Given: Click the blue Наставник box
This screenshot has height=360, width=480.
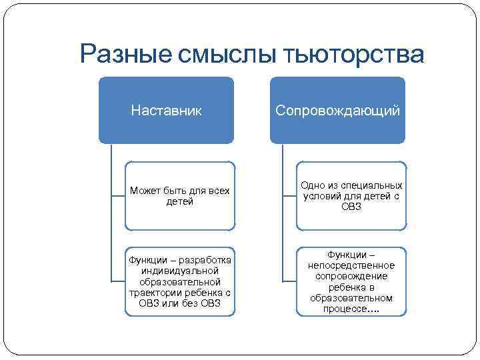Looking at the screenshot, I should click(x=166, y=110).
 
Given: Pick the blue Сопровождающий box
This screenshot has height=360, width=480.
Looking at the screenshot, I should click(x=337, y=110).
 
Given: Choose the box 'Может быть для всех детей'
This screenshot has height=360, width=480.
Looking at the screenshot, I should click(x=180, y=196).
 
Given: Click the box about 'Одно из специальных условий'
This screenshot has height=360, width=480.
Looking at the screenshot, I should click(x=351, y=196).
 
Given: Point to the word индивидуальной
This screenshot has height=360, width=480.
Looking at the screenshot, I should click(x=180, y=271).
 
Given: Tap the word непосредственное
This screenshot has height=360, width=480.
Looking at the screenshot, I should click(x=351, y=265).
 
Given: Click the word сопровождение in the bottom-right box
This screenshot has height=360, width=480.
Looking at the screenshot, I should click(x=351, y=276).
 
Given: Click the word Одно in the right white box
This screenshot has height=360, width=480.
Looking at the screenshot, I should click(x=312, y=185).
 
